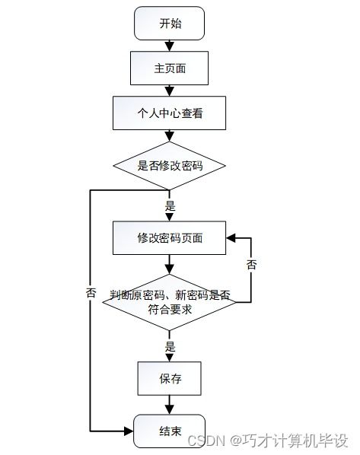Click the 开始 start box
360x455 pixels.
[x=170, y=24]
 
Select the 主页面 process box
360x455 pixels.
[x=170, y=68]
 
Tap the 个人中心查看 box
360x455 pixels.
[x=170, y=113]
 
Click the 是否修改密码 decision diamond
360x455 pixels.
[x=170, y=164]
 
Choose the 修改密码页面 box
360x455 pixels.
[x=170, y=237]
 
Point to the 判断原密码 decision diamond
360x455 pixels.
[x=170, y=302]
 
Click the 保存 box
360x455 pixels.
[x=170, y=377]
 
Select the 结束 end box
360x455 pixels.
[x=170, y=431]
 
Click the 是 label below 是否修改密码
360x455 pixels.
[x=170, y=205]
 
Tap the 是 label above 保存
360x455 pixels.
[x=170, y=346]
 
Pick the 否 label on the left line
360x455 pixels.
[x=91, y=292]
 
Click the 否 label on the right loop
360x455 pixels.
[x=251, y=264]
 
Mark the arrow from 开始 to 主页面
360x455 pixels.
[x=170, y=46]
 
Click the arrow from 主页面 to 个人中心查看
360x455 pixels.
[x=170, y=91]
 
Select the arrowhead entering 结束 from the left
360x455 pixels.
[x=129, y=431]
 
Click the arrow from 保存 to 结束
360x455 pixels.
[x=170, y=404]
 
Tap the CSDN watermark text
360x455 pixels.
[x=266, y=441]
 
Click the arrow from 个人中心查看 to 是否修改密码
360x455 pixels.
[x=170, y=135]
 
